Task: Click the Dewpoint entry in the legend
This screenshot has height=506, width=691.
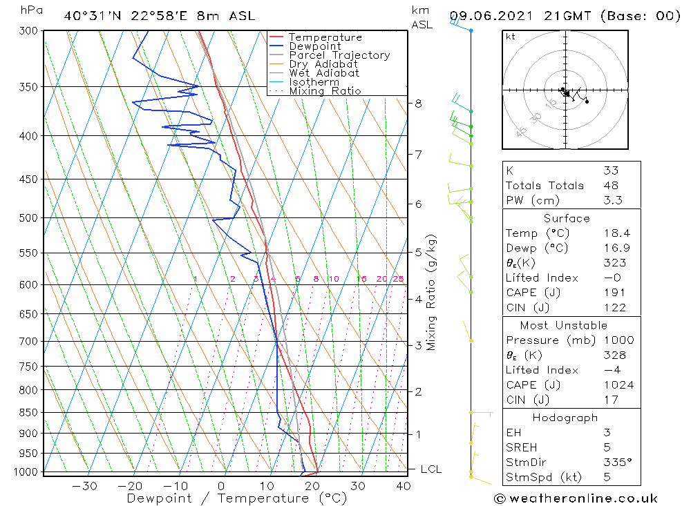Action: [x=315, y=46]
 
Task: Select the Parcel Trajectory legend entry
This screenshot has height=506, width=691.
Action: [x=339, y=55]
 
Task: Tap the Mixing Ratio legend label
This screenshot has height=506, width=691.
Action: [x=325, y=91]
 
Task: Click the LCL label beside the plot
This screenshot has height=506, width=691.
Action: [x=431, y=469]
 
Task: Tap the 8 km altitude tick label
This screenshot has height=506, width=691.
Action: [x=418, y=104]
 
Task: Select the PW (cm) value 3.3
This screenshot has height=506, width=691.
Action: [x=613, y=201]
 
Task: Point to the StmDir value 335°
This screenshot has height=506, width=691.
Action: [x=615, y=463]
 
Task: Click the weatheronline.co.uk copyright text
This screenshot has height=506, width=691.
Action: [x=576, y=498]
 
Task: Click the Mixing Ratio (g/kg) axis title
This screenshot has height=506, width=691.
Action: [x=432, y=292]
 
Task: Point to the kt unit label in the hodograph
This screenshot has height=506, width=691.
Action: [x=511, y=37]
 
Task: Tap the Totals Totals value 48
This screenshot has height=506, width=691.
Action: [x=611, y=186]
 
